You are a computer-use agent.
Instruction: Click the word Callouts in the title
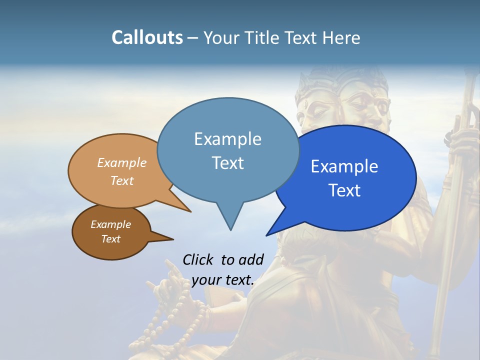click(x=147, y=37)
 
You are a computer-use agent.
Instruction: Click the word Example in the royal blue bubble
click(x=344, y=166)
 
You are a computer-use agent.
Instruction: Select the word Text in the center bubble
click(x=228, y=163)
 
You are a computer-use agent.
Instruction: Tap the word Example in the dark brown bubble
click(x=110, y=224)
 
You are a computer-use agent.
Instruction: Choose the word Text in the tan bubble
click(x=122, y=180)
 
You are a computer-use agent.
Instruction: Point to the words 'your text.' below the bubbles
click(x=223, y=280)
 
